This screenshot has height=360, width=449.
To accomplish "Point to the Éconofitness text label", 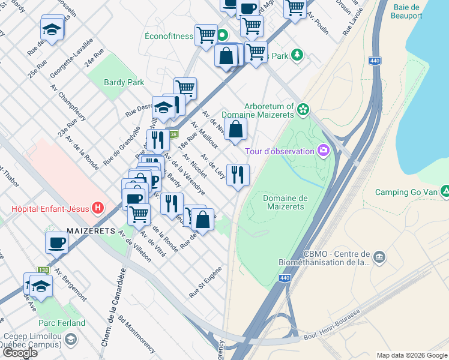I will [x=169, y=36].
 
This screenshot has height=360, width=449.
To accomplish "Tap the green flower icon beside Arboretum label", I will [x=304, y=109].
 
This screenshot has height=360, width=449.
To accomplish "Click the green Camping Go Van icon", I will [x=445, y=192].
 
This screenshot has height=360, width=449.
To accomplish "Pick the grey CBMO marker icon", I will [x=378, y=257].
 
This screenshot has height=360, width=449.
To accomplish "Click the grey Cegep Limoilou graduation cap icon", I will [x=71, y=340].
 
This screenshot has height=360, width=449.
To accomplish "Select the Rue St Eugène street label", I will [x=205, y=282].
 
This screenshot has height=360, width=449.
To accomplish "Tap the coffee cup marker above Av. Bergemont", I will [x=57, y=242].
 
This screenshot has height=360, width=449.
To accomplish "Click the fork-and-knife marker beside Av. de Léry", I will [x=238, y=175].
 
